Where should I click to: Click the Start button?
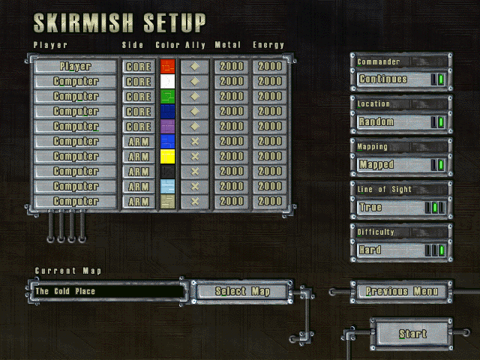(412, 333)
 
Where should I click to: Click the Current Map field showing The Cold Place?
(107, 290)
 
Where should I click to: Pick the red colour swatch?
(167, 67)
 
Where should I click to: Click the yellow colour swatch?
(167, 157)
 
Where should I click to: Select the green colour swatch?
(167, 97)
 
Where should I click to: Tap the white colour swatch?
(167, 82)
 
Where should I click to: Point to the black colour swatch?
(167, 172)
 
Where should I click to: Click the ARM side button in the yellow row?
(138, 157)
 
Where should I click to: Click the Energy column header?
(268, 45)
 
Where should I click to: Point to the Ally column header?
(195, 45)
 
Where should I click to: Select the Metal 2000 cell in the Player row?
(232, 67)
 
